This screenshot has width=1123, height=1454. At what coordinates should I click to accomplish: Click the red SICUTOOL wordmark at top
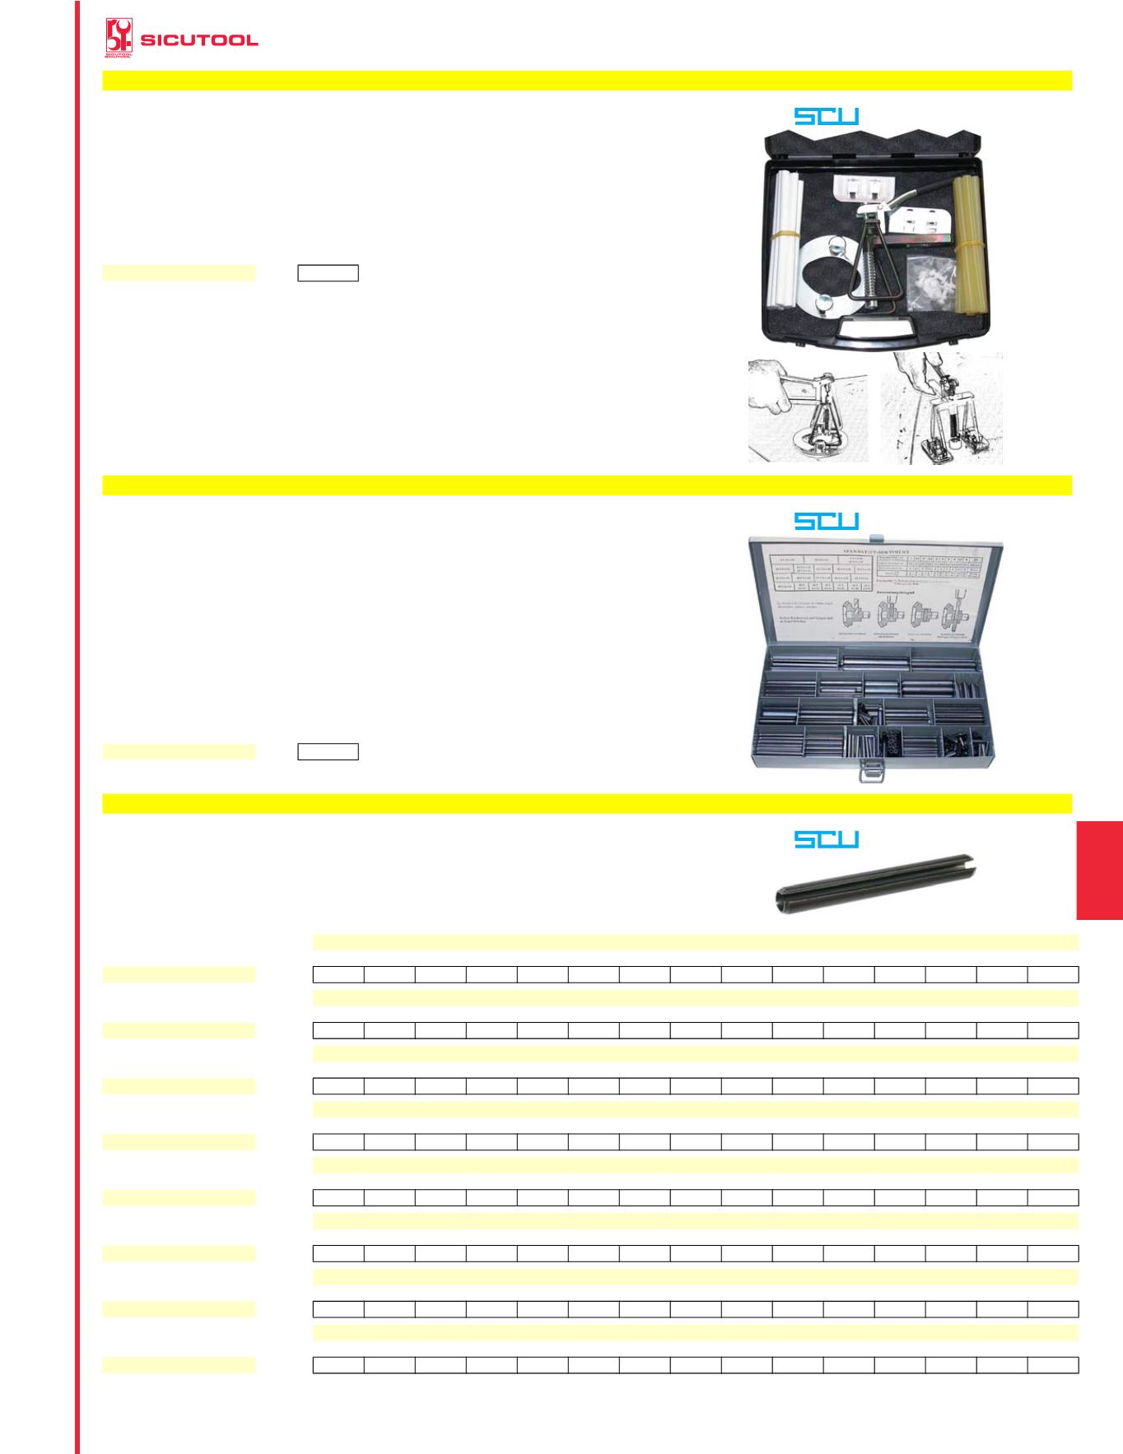[199, 40]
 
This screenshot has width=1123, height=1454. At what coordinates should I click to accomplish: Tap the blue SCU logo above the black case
[826, 116]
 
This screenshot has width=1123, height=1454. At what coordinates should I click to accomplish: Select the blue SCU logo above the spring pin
[826, 838]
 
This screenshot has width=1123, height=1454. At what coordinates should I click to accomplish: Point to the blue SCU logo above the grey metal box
[826, 520]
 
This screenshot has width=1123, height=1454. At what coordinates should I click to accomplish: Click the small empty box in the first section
[328, 273]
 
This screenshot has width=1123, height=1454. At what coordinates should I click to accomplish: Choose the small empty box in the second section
[328, 751]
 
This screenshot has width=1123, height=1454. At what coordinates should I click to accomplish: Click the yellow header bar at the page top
[586, 80]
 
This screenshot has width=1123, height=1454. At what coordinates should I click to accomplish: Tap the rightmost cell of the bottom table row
[1053, 1365]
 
